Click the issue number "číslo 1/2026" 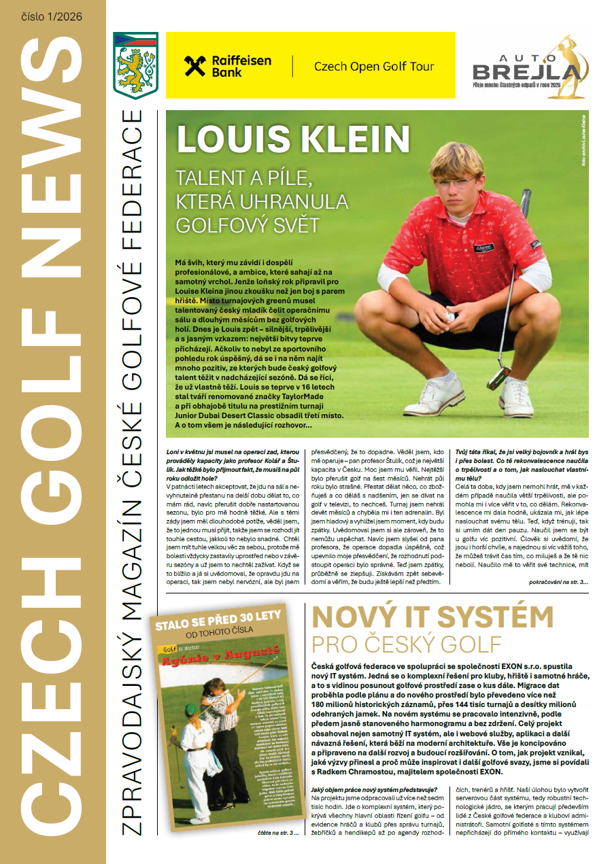pos(52,16)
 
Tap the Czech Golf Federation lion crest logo pos(136,65)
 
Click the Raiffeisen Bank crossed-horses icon pos(196,66)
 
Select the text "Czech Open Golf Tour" pos(374,67)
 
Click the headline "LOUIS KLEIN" pos(293,138)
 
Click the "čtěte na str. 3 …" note pos(277,833)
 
